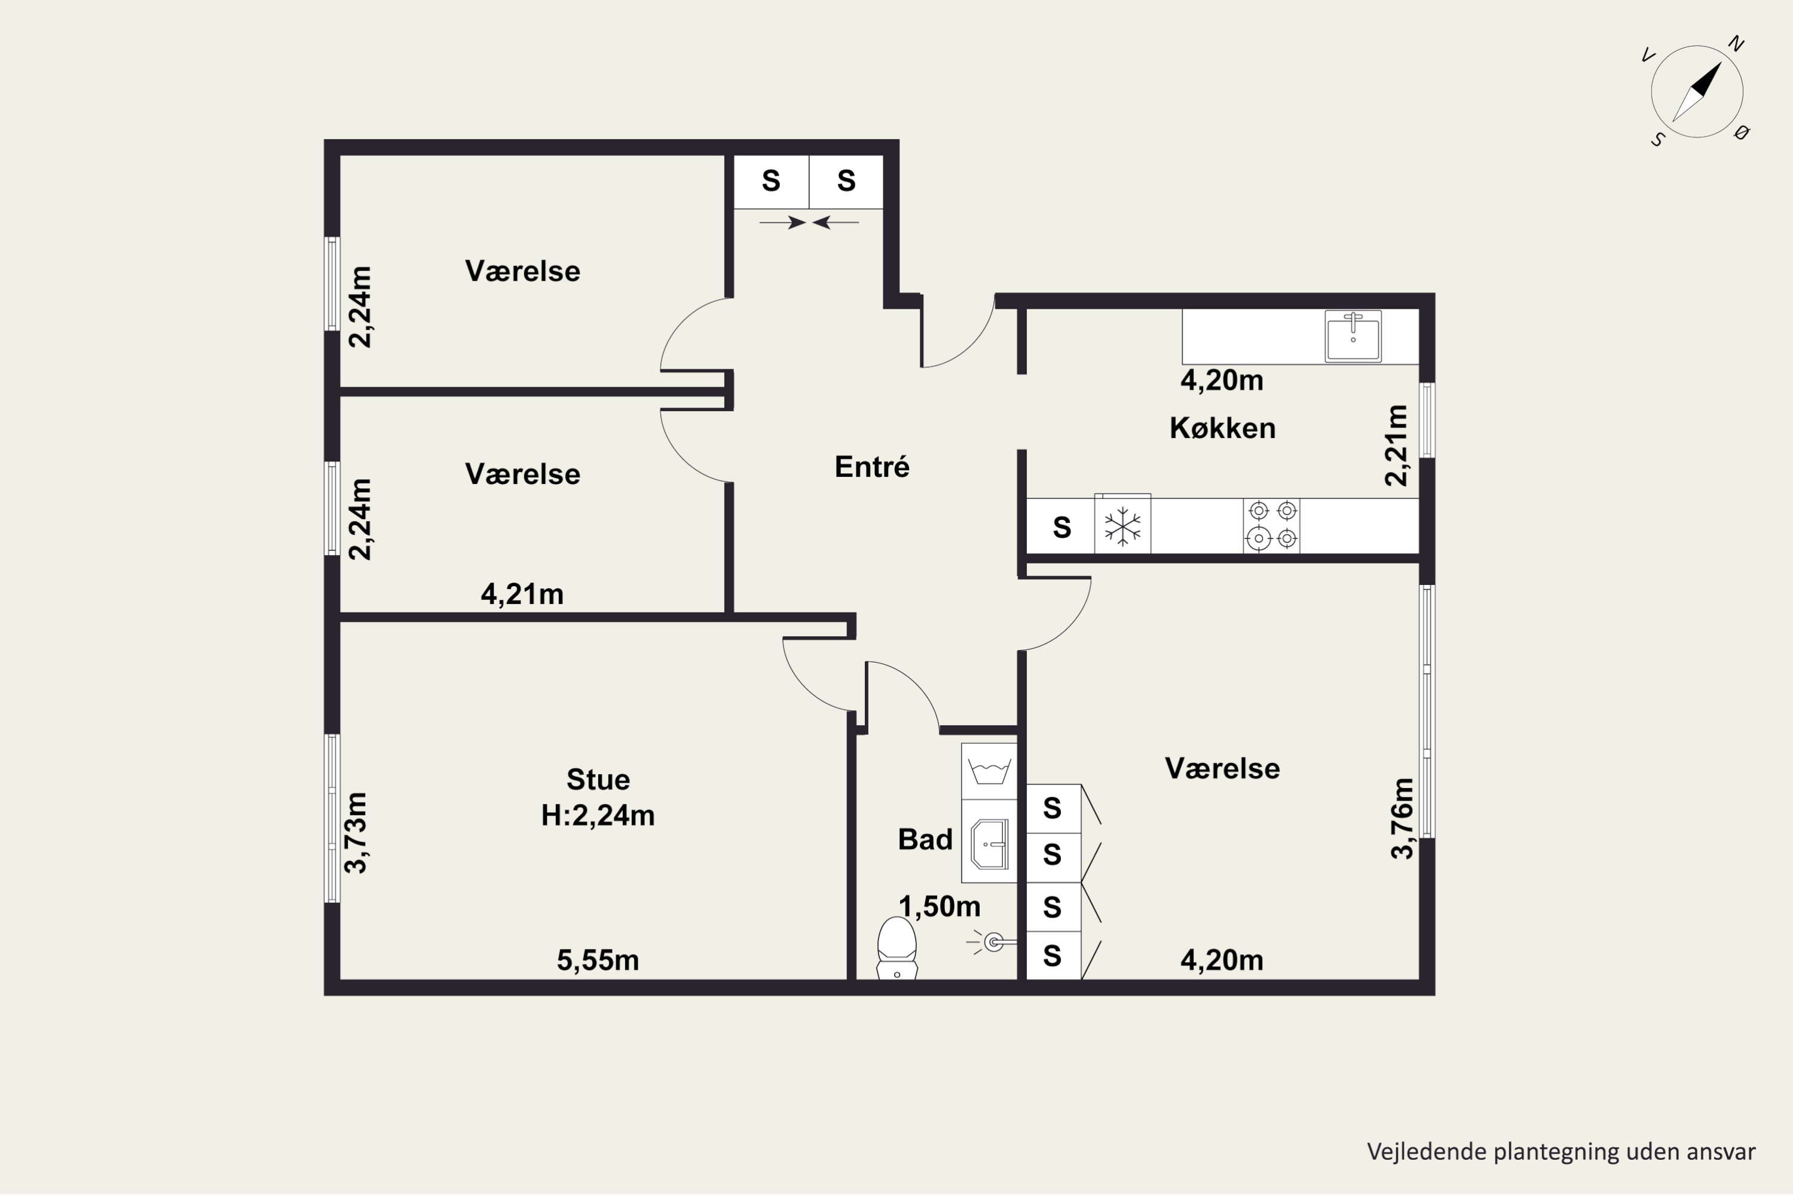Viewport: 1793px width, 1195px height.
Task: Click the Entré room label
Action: pyautogui.click(x=872, y=467)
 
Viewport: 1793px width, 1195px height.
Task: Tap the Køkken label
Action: pyautogui.click(x=1223, y=428)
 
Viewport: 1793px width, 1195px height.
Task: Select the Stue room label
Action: pyautogui.click(x=598, y=780)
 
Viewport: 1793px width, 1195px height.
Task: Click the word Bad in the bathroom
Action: pyautogui.click(x=925, y=839)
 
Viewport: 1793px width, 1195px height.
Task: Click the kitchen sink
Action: pyautogui.click(x=1353, y=336)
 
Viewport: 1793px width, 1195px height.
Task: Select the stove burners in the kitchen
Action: pyautogui.click(x=1272, y=525)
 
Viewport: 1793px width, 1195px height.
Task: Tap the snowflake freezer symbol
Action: pyautogui.click(x=1123, y=526)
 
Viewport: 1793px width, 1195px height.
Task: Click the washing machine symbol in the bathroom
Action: pyautogui.click(x=990, y=771)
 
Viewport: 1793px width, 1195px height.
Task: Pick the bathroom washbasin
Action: pyautogui.click(x=990, y=844)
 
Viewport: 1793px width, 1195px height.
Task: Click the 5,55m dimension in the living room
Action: pyautogui.click(x=598, y=960)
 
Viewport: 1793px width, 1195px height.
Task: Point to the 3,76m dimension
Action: pyautogui.click(x=1402, y=819)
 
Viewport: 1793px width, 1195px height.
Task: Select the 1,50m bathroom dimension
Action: pyautogui.click(x=939, y=906)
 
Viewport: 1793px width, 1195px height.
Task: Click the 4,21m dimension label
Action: pyautogui.click(x=522, y=594)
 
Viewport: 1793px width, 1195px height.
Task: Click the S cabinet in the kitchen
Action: pyautogui.click(x=1062, y=526)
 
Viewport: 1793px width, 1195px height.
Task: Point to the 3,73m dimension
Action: pyautogui.click(x=356, y=832)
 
